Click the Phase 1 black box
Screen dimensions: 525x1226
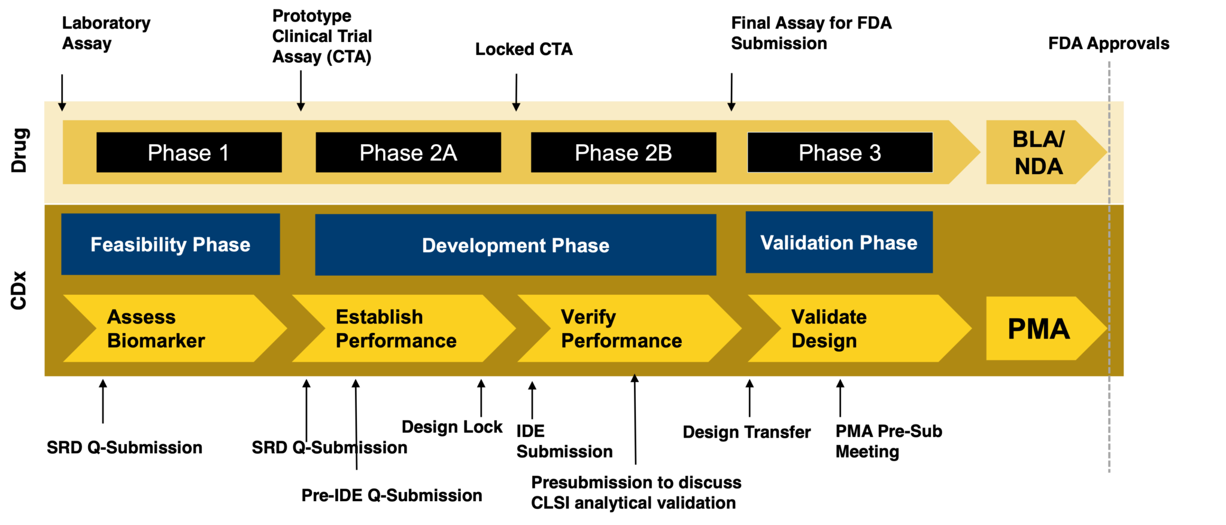(x=189, y=152)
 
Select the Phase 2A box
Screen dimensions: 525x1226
(x=408, y=152)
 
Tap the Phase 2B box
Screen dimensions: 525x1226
(x=623, y=152)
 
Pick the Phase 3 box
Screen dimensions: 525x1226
(x=840, y=152)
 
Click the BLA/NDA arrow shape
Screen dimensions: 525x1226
(x=1039, y=152)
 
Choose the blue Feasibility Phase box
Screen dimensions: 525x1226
(x=171, y=244)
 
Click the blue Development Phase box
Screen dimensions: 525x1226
(x=515, y=245)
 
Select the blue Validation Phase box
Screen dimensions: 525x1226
(x=839, y=242)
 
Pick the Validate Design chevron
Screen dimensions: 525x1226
(x=856, y=328)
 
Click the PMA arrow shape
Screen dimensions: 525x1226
(x=1039, y=328)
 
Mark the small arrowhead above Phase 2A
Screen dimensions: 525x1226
(x=301, y=106)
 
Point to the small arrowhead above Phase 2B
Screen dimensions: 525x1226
(x=516, y=106)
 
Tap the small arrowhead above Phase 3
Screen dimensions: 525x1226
(x=732, y=106)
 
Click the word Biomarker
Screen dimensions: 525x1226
(x=156, y=341)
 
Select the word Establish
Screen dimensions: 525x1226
(x=380, y=317)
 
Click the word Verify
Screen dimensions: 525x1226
(x=588, y=317)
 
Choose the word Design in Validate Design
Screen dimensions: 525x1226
(x=824, y=341)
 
